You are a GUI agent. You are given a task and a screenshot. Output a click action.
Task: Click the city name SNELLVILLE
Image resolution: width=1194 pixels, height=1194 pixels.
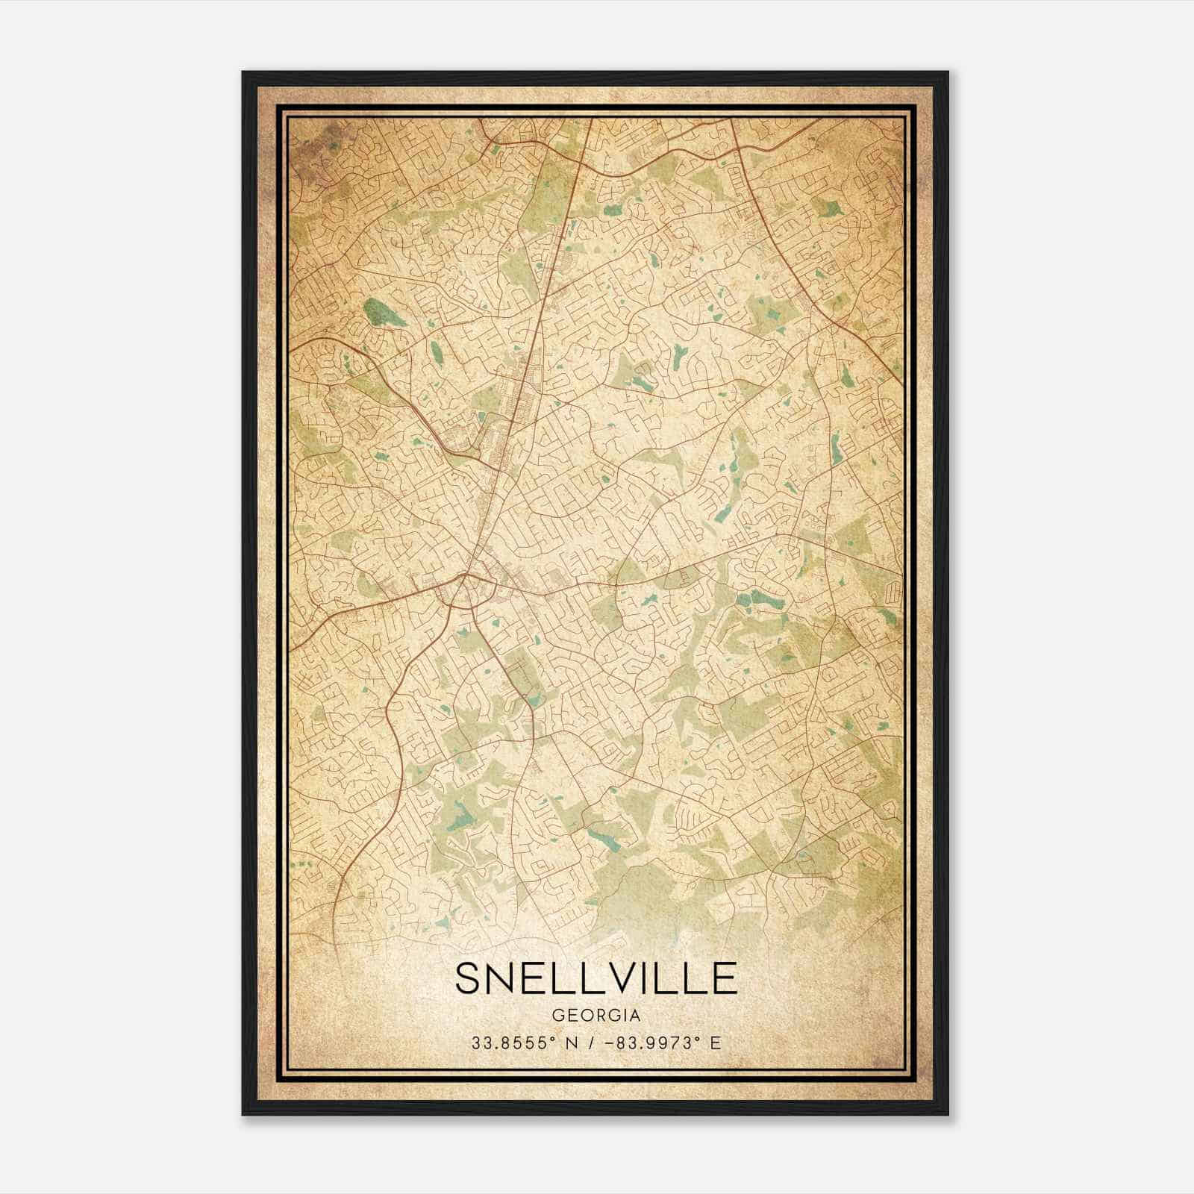[x=596, y=978]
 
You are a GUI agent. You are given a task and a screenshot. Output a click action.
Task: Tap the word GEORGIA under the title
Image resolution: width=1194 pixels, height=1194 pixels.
[x=596, y=1016]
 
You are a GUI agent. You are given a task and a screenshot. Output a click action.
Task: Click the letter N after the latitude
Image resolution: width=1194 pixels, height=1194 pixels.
[x=572, y=1043]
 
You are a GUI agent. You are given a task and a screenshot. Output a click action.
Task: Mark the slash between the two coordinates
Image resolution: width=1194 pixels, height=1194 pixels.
[x=592, y=1043]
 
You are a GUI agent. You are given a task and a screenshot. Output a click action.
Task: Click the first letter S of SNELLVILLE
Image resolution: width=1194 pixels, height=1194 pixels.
[x=469, y=978]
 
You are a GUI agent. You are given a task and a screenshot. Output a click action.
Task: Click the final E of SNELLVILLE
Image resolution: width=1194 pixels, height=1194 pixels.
[x=724, y=978]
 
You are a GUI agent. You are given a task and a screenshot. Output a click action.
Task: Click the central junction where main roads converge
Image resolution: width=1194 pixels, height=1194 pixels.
[x=465, y=575]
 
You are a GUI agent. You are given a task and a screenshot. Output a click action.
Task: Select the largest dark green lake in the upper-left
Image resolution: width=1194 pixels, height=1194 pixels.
[x=384, y=313]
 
